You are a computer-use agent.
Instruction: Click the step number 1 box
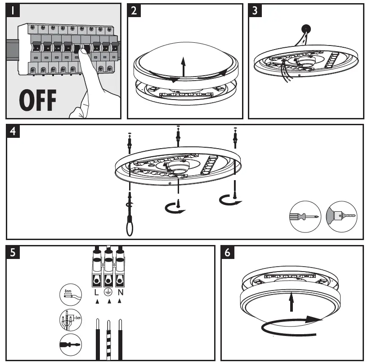point(13,10)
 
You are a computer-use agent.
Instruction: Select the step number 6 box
point(229,252)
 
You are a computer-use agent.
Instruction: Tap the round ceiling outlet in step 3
point(305,28)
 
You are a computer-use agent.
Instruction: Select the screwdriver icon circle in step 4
point(305,217)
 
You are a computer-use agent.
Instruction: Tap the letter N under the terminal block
point(120,292)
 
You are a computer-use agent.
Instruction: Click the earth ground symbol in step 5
point(108,292)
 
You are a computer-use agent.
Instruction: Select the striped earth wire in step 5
point(108,338)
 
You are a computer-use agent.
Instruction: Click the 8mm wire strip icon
point(71,295)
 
